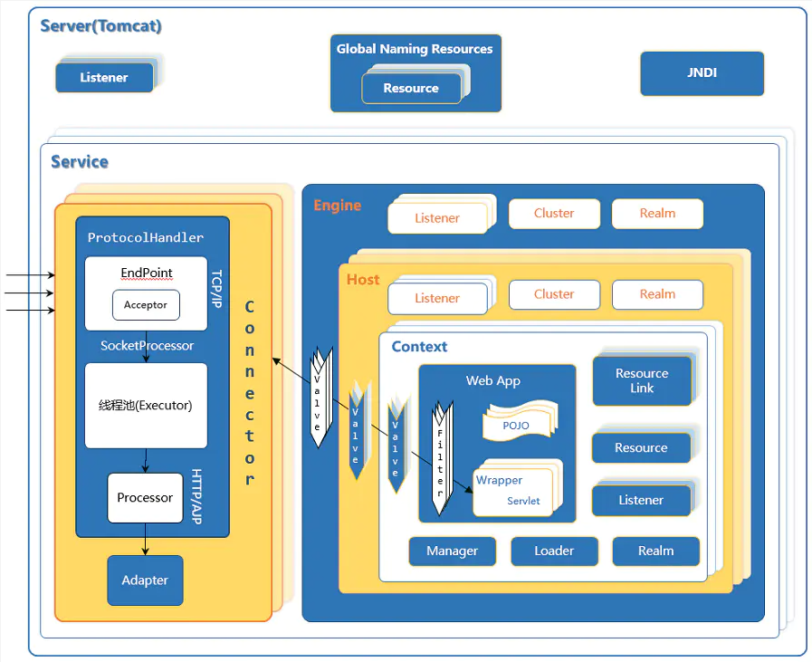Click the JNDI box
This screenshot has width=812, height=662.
[x=702, y=73]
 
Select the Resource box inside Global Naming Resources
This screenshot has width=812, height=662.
[x=411, y=88]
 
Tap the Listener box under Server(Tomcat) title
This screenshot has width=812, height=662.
[x=104, y=78]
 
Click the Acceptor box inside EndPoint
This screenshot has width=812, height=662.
[x=146, y=305]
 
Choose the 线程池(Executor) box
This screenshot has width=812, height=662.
[x=146, y=406]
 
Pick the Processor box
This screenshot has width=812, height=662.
[x=145, y=498]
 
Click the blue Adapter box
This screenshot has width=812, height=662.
[x=145, y=580]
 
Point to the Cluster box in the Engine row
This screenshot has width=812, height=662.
[x=554, y=214]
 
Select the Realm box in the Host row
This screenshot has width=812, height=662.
[x=657, y=294]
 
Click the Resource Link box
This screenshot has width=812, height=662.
[x=642, y=380]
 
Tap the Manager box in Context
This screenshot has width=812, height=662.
[x=452, y=551]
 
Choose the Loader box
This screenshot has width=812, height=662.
[x=554, y=551]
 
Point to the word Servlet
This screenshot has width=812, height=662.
[x=523, y=501]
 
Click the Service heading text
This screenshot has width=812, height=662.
[x=80, y=162]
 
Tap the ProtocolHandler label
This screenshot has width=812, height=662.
[x=145, y=237]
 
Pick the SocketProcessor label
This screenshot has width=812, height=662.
[x=147, y=346]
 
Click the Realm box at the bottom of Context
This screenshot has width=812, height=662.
[x=655, y=551]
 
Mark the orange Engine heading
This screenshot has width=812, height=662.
[x=338, y=206]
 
